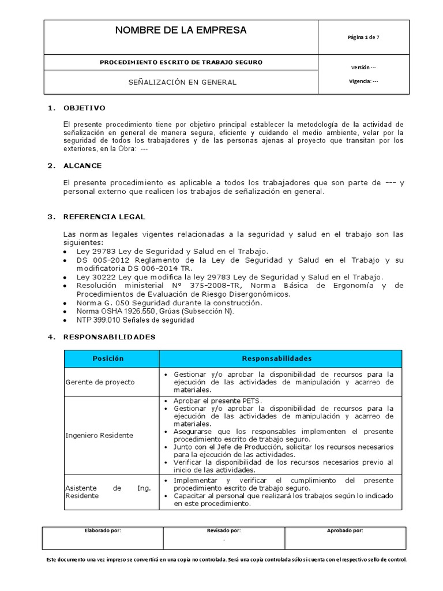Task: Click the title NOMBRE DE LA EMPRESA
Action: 181,31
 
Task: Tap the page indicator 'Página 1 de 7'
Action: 363,38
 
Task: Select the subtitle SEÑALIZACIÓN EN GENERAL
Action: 182,82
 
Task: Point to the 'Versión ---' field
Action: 363,68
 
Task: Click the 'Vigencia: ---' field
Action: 363,81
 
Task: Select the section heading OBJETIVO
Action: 84,108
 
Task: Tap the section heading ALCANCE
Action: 82,166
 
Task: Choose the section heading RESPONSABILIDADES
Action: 109,337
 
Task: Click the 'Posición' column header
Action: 108,358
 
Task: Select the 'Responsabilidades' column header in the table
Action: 277,358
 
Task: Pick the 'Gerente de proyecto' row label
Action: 100,382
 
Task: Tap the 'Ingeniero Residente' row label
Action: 99,435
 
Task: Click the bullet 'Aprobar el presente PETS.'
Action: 217,401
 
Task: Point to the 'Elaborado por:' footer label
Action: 103,530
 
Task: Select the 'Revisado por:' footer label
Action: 224,530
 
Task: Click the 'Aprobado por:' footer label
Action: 345,530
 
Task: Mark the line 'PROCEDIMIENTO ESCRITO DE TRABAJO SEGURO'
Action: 181,62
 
